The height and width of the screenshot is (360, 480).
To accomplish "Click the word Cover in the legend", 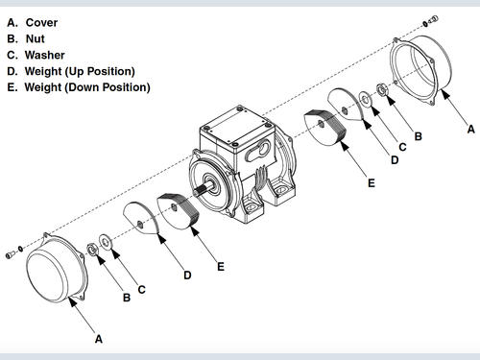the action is pyautogui.click(x=41, y=23).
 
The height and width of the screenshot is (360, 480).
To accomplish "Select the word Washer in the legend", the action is pyautogui.click(x=45, y=55).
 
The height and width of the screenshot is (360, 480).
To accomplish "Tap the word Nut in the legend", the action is pyautogui.click(x=36, y=38).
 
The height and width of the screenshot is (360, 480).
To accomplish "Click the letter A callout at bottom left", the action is pyautogui.click(x=99, y=339).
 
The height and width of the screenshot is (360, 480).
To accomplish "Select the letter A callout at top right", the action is pyautogui.click(x=470, y=129).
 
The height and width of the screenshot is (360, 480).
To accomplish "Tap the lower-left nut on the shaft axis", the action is pyautogui.click(x=92, y=250).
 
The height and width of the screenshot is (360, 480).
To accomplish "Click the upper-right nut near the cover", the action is pyautogui.click(x=382, y=89).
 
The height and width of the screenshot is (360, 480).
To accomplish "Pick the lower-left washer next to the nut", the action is pyautogui.click(x=105, y=242).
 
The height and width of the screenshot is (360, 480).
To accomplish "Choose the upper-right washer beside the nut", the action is pyautogui.click(x=365, y=99).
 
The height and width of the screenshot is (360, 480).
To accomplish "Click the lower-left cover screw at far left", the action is pyautogui.click(x=11, y=254).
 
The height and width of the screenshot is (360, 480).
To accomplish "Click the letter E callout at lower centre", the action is pyautogui.click(x=221, y=267).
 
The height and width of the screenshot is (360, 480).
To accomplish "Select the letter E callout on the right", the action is pyautogui.click(x=372, y=183).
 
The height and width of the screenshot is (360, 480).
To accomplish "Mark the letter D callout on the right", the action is pyautogui.click(x=395, y=159).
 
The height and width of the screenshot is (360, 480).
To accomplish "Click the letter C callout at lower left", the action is pyautogui.click(x=141, y=290).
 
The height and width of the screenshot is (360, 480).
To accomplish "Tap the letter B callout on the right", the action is pyautogui.click(x=418, y=136).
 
